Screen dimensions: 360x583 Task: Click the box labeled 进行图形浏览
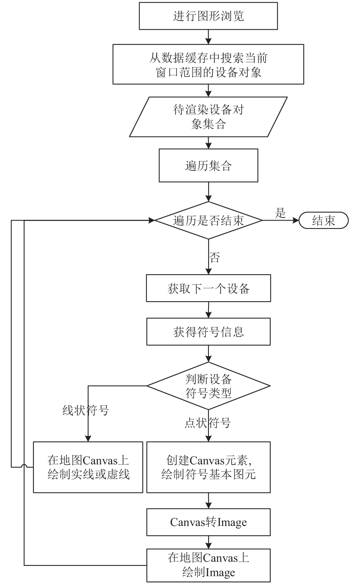pyautogui.click(x=208, y=16)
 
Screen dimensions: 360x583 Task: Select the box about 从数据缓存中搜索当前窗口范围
pyautogui.click(x=208, y=64)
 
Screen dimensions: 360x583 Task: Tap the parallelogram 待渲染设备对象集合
pyautogui.click(x=208, y=117)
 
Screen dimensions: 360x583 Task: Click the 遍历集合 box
pyautogui.click(x=209, y=165)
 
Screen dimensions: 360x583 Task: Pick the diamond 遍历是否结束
pyautogui.click(x=209, y=221)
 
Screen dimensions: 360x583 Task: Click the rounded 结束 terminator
pyautogui.click(x=323, y=221)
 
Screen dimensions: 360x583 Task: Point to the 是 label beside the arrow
pyautogui.click(x=280, y=213)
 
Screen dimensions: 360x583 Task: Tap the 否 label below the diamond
pyautogui.click(x=214, y=257)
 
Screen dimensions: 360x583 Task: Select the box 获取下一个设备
pyautogui.click(x=209, y=288)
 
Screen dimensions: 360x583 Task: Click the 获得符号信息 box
pyautogui.click(x=209, y=332)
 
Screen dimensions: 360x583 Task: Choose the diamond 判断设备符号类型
pyautogui.click(x=209, y=386)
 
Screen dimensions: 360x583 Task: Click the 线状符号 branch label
pyautogui.click(x=86, y=410)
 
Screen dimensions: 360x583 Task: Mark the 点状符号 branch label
pyautogui.click(x=207, y=423)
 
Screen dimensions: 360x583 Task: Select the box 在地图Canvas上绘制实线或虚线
pyautogui.click(x=88, y=467)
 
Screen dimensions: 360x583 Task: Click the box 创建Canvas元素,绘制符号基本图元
pyautogui.click(x=209, y=467)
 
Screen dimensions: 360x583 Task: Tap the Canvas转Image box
pyautogui.click(x=209, y=523)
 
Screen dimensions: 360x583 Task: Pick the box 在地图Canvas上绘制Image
pyautogui.click(x=209, y=565)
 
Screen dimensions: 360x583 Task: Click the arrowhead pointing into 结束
pyautogui.click(x=296, y=221)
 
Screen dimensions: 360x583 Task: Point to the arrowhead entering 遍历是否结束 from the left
pyautogui.click(x=151, y=221)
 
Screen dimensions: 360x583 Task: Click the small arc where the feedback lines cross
pyautogui.click(x=24, y=465)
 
